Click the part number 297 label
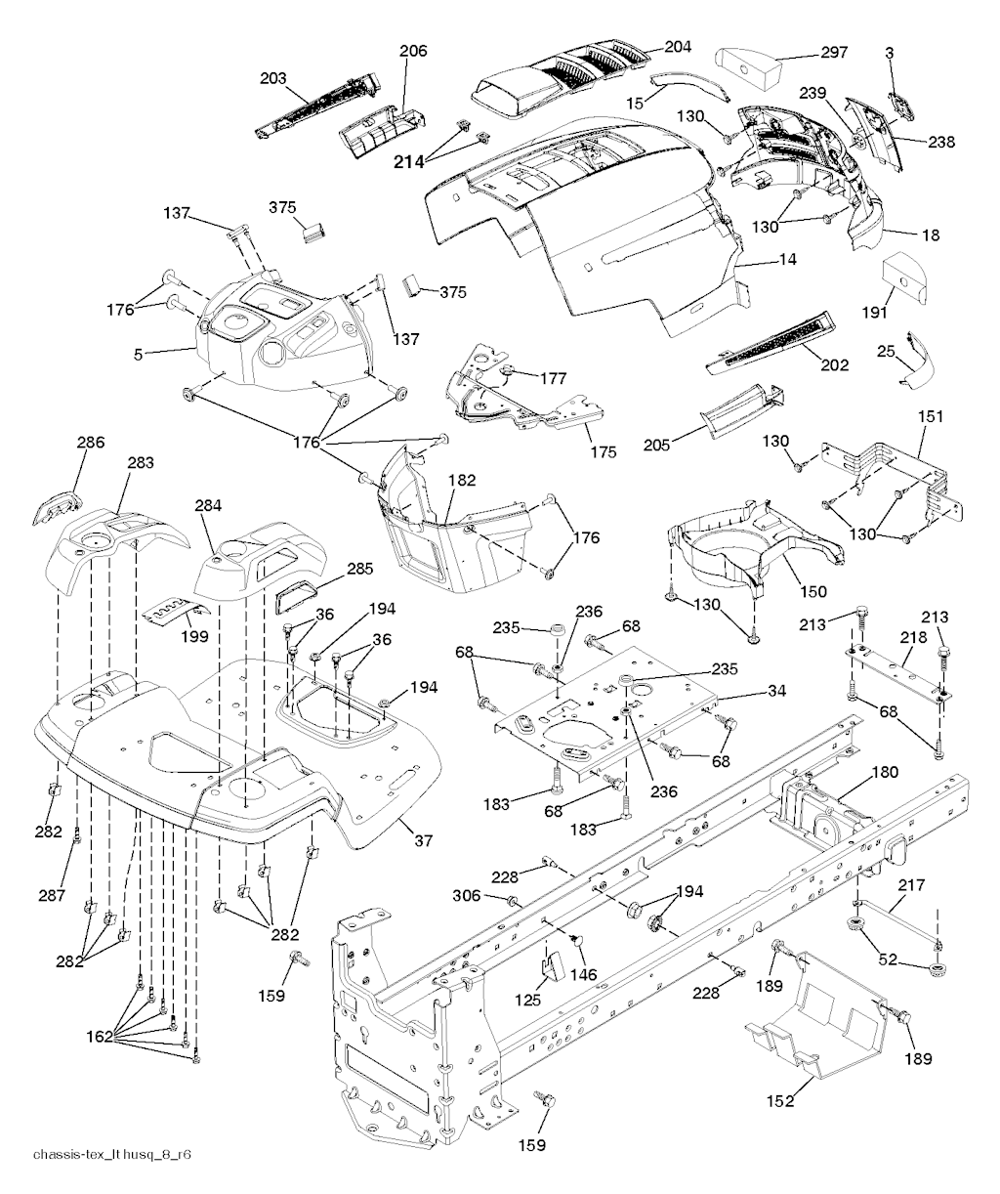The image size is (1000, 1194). pos(834,53)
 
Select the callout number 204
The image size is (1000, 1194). pos(677,46)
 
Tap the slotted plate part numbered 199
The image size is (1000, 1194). pos(176,612)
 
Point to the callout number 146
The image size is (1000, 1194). pos(585,975)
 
